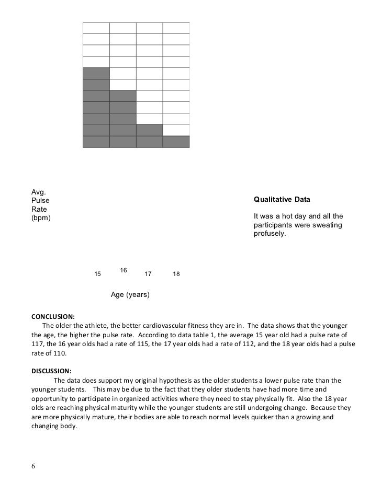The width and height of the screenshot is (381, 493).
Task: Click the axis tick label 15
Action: click(97, 274)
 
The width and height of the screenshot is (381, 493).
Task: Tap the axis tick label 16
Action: click(124, 270)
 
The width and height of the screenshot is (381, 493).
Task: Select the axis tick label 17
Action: click(148, 274)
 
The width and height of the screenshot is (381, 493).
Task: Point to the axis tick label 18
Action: click(176, 274)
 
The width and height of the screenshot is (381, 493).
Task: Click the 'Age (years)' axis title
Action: click(130, 295)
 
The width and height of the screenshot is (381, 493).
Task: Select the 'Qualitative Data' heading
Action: click(282, 199)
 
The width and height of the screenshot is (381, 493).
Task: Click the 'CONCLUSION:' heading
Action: click(53, 316)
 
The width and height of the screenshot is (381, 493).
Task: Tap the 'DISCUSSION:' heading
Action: click(51, 371)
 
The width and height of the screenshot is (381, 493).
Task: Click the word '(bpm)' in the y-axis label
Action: click(41, 218)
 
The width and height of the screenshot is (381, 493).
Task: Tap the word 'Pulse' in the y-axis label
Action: click(40, 200)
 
